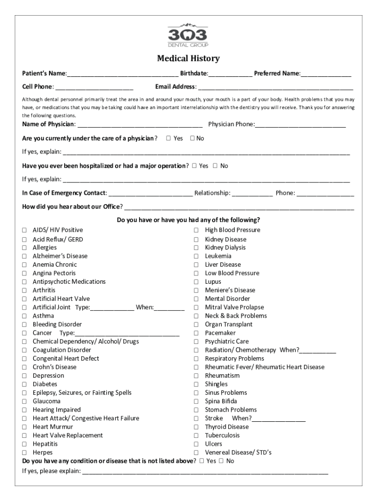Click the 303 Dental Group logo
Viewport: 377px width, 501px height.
[188, 36]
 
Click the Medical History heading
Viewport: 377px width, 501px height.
[188, 59]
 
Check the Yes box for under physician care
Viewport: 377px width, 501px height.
[168, 138]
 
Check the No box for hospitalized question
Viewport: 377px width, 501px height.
[215, 166]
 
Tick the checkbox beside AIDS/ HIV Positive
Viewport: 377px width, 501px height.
[24, 230]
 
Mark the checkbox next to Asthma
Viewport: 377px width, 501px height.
[24, 316]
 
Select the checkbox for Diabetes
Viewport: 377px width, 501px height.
[24, 385]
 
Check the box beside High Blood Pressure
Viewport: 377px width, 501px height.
[196, 230]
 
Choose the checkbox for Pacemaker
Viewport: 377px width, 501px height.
[196, 333]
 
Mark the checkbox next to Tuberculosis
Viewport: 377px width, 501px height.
[196, 435]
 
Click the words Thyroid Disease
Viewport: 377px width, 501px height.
[227, 427]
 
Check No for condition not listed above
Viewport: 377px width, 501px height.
[221, 461]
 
